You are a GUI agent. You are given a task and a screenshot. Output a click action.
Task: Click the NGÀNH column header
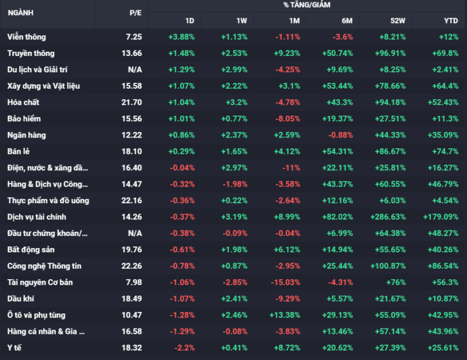21,13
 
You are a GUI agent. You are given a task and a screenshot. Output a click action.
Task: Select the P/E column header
136,13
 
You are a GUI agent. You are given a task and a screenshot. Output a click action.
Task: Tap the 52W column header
398,21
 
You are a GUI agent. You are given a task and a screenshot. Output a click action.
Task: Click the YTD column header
451,21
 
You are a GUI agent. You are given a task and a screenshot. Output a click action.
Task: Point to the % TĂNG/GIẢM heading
306,5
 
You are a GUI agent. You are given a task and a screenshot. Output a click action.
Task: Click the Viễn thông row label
27,37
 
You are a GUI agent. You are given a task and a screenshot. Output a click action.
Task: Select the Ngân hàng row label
27,135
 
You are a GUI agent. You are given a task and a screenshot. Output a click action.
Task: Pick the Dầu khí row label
21,299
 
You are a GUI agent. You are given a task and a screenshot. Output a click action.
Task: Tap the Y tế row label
15,348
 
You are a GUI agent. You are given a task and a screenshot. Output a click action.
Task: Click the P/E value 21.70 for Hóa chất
131,102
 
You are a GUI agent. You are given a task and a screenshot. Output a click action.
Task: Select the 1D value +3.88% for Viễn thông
181,37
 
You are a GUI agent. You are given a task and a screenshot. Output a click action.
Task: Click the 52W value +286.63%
388,216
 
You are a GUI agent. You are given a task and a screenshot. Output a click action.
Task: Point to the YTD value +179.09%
440,216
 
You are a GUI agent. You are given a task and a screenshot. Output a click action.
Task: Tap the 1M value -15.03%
285,282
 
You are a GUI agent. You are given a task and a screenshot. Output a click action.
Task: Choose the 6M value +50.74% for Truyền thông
337,54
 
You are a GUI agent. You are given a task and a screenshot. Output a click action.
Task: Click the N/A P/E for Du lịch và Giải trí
135,70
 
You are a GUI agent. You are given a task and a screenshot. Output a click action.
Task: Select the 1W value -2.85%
235,282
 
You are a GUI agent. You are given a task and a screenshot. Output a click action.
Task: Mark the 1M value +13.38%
285,315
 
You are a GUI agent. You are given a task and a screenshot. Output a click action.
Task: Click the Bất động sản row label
31,249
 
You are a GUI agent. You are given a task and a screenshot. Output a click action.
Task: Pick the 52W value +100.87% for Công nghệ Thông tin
388,266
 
